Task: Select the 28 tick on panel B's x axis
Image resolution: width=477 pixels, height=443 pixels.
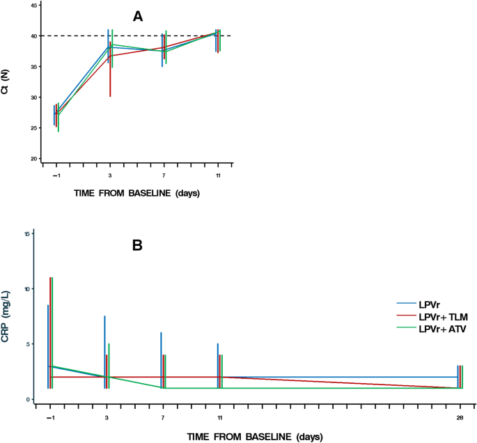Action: (459, 417)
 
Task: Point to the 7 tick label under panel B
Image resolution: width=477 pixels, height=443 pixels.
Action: (163, 417)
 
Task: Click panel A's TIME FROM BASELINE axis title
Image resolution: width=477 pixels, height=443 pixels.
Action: (136, 193)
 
